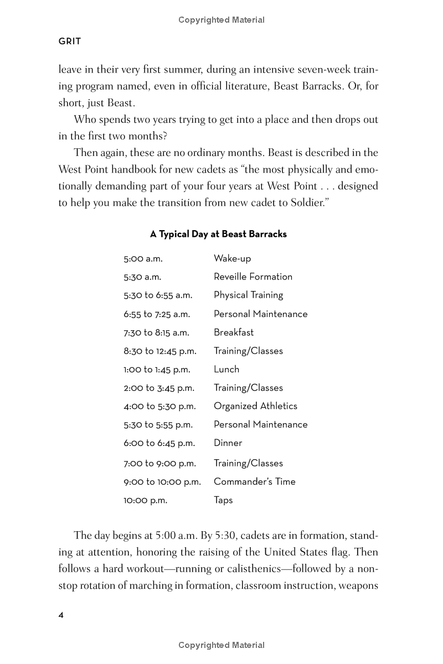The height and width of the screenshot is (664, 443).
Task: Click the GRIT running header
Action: (70, 41)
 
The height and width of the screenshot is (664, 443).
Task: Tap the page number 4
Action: (61, 615)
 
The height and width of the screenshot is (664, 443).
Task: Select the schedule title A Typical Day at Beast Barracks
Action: (218, 234)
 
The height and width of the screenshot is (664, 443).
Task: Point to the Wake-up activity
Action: (232, 258)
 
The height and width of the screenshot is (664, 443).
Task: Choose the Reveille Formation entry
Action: (253, 277)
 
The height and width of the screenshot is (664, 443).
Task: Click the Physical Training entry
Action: (248, 295)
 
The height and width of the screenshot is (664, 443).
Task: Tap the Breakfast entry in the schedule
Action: (234, 333)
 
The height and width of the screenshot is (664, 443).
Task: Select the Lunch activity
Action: (226, 369)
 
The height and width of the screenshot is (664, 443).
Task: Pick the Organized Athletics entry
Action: (255, 406)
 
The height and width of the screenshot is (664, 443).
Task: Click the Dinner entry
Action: (228, 443)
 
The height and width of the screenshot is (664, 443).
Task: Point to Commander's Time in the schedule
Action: (255, 481)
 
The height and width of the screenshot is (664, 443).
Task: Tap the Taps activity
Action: (223, 500)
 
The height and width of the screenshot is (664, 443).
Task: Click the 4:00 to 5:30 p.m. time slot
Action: (159, 406)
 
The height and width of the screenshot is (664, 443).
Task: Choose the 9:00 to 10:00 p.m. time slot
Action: (162, 481)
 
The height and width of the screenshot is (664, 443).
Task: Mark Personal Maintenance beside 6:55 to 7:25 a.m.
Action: (260, 314)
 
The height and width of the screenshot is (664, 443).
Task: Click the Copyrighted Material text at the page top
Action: (221, 20)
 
